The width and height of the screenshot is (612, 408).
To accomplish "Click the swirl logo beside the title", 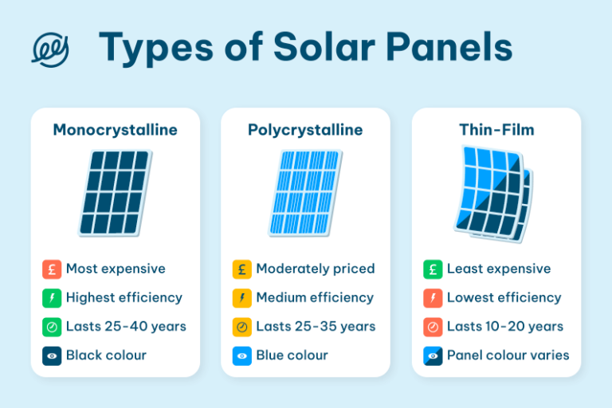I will point(49,49).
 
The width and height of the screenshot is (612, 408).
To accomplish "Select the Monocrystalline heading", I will point(115,130).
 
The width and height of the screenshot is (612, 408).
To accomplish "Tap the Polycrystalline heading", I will point(305,130).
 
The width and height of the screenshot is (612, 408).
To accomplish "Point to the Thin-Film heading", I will point(496,130).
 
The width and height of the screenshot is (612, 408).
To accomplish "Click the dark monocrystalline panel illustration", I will point(114,192).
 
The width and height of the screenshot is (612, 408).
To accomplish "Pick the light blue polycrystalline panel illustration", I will point(307,192).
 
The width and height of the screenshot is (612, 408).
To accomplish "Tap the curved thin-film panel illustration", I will point(494,192).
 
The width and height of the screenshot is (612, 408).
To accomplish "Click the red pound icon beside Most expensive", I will point(52,269).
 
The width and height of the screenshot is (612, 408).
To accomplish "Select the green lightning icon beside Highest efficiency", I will point(52,298).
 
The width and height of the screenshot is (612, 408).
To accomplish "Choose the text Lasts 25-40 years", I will point(126,327).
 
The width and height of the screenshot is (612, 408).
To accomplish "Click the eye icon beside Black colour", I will point(52,355).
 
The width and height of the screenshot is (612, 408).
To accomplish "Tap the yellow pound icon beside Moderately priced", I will point(242,269).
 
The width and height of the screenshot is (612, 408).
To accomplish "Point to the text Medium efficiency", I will point(315,298).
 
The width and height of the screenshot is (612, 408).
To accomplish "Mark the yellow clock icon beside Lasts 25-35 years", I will point(242,327).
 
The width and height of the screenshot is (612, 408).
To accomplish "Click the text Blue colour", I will point(292,355).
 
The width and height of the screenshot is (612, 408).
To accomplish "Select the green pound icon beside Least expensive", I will point(433,269).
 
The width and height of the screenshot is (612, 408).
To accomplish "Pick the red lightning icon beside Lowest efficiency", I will point(433,298).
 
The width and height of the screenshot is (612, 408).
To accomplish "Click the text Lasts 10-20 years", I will point(505,327).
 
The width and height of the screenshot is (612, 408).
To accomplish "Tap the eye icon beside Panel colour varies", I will point(433,355).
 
